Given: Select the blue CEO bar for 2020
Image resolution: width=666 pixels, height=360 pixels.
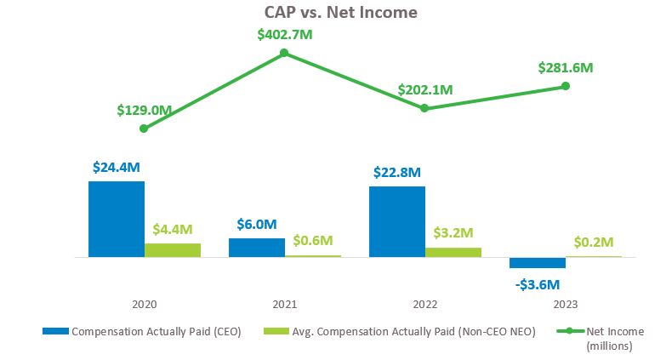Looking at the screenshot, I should click(x=117, y=219).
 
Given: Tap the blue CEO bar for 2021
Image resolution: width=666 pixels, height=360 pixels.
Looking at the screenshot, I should click(x=257, y=247).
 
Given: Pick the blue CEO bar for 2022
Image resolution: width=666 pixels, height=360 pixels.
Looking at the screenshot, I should click(x=397, y=221).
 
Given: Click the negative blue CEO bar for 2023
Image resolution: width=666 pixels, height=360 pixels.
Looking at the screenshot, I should click(x=537, y=262).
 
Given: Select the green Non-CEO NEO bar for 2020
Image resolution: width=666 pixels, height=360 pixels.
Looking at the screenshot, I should click(x=173, y=249).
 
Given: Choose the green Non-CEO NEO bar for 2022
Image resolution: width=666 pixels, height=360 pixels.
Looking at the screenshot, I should click(x=453, y=252).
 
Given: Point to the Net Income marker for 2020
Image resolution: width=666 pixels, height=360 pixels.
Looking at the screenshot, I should click(x=144, y=129).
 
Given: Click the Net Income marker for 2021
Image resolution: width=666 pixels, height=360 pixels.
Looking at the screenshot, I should click(x=284, y=53).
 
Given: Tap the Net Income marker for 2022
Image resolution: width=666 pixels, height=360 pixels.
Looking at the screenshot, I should click(x=424, y=108).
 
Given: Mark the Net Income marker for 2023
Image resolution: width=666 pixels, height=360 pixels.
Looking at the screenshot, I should click(x=565, y=86).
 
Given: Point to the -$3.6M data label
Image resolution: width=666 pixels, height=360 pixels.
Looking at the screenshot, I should click(x=538, y=284).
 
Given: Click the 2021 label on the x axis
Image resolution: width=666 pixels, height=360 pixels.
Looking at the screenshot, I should click(x=285, y=303).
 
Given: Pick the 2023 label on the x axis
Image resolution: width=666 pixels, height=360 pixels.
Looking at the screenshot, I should click(x=565, y=303).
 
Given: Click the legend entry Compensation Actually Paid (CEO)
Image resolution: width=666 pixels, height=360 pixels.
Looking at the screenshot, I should click(x=142, y=332).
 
